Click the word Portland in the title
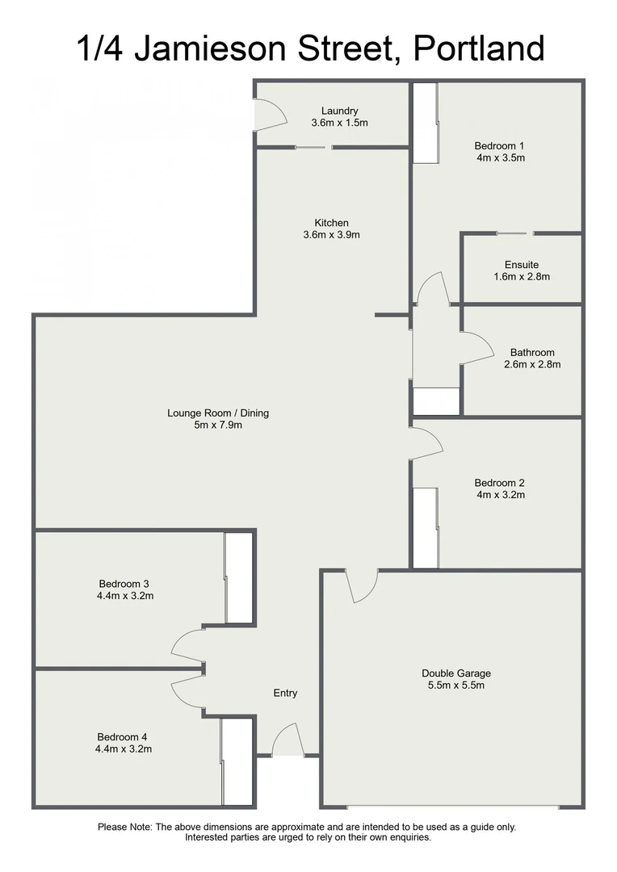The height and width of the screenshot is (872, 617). (479, 48)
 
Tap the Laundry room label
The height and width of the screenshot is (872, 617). (339, 111)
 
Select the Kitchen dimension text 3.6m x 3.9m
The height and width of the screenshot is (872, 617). (331, 236)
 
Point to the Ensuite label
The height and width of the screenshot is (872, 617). (521, 265)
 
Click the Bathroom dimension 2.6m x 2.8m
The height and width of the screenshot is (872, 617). (532, 364)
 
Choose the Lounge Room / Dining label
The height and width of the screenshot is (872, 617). (218, 413)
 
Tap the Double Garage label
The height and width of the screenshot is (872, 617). (455, 673)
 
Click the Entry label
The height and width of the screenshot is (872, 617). (285, 693)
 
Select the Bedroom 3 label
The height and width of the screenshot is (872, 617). (124, 584)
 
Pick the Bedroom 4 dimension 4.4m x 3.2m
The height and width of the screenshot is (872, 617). (123, 748)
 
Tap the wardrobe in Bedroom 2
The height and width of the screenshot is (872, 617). (425, 527)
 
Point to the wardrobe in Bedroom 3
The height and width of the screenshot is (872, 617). (238, 578)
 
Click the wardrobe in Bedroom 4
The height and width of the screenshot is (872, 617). (237, 761)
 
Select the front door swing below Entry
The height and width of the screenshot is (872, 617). (287, 741)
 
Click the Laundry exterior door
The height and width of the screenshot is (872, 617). (269, 115)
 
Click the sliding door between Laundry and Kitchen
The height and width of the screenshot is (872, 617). (311, 147)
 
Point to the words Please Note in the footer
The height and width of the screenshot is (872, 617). (124, 827)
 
